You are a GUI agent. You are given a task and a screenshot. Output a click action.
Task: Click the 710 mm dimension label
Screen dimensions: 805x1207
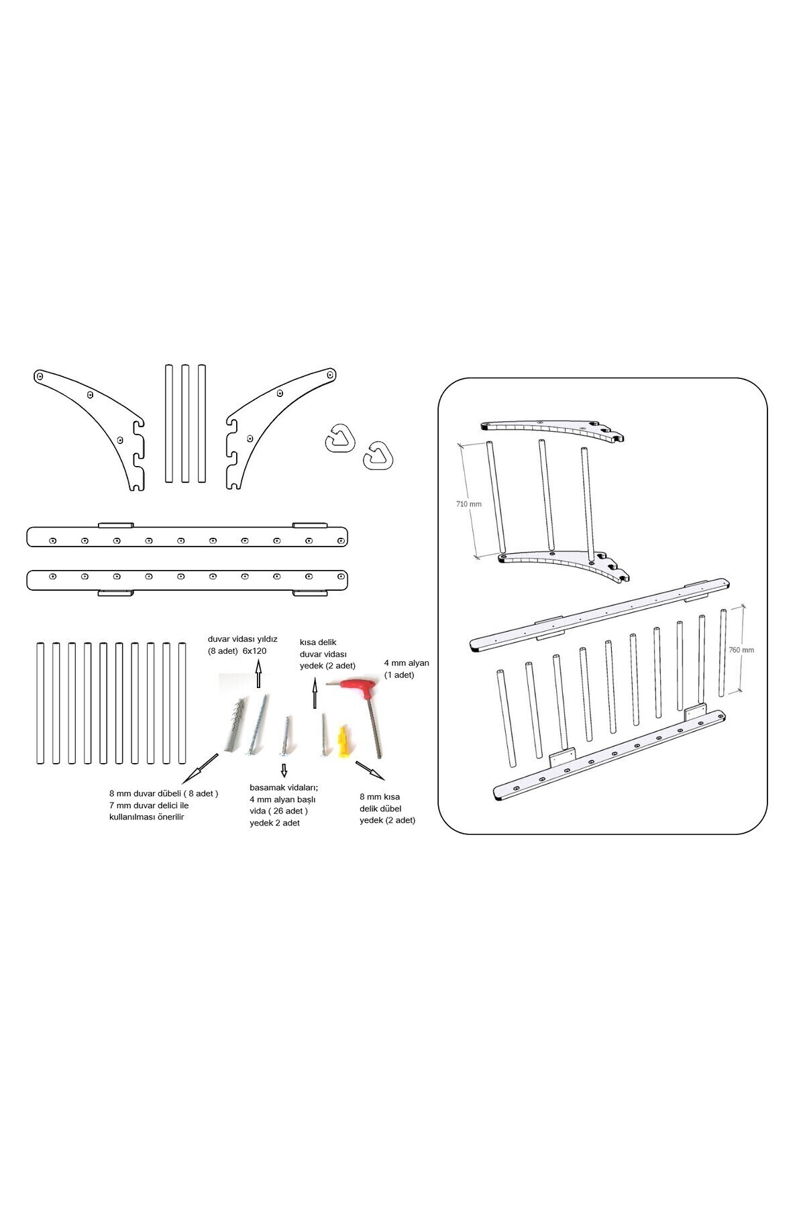[468, 504]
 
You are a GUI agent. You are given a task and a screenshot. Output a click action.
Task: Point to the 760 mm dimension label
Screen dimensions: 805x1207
[741, 650]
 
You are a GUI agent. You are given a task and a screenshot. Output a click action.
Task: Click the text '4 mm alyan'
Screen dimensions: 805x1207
[407, 663]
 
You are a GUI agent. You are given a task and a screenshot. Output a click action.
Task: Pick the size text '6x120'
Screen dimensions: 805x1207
[254, 650]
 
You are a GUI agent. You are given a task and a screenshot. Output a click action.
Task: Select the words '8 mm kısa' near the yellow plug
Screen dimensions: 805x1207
[379, 797]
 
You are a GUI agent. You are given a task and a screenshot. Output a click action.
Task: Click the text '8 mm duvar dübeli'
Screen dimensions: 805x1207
[146, 793]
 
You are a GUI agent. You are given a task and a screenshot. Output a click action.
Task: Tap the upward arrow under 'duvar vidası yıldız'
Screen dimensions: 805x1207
[258, 673]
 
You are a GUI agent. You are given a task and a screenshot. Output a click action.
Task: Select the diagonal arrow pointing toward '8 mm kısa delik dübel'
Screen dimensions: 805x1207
[370, 770]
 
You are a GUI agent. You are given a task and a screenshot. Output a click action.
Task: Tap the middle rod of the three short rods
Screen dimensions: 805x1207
[185, 423]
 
